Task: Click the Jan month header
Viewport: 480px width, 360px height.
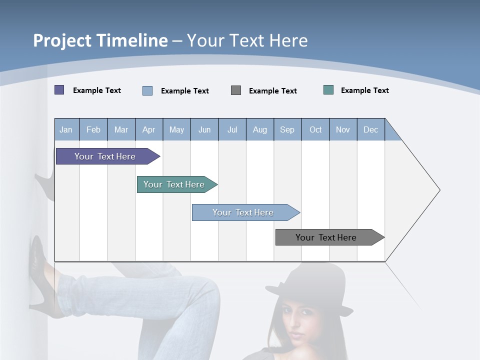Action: point(66,129)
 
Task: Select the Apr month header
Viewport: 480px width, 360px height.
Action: point(149,129)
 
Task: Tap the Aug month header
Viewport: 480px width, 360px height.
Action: point(260,129)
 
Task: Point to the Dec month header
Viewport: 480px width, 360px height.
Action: point(371,129)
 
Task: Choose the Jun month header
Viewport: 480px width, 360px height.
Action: point(204,129)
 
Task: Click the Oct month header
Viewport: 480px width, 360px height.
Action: point(315,129)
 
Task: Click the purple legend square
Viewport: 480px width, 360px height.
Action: point(59,90)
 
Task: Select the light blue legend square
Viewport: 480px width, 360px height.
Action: point(147,90)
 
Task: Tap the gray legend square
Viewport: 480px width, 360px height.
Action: point(236,90)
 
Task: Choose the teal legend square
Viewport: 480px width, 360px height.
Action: point(328,90)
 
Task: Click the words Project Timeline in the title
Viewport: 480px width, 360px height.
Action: point(100,40)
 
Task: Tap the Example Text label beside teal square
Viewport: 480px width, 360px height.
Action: point(364,90)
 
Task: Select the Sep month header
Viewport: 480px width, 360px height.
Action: point(287,129)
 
